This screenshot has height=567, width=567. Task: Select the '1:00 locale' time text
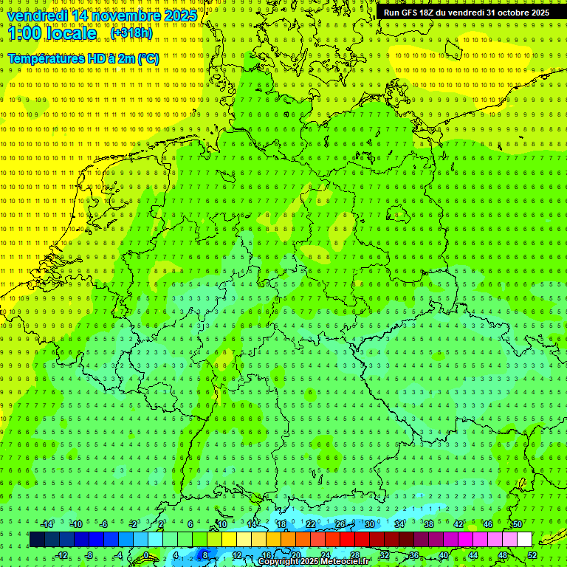click(x=52, y=33)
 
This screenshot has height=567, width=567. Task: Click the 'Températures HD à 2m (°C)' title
click(x=83, y=58)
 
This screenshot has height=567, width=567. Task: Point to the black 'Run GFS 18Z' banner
click(x=466, y=13)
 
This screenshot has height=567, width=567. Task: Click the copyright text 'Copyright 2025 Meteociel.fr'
click(x=313, y=562)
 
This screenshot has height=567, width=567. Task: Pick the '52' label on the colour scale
click(x=532, y=555)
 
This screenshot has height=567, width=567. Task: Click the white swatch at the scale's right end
click(x=524, y=540)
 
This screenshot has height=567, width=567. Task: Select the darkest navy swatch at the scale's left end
click(x=37, y=540)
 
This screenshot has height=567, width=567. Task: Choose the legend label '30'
click(x=369, y=524)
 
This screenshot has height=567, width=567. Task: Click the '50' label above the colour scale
click(x=517, y=524)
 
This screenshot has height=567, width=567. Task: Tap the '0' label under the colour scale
click(x=146, y=555)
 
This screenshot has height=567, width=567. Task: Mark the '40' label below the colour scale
click(x=443, y=555)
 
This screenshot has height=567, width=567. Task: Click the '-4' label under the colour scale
click(x=119, y=555)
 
